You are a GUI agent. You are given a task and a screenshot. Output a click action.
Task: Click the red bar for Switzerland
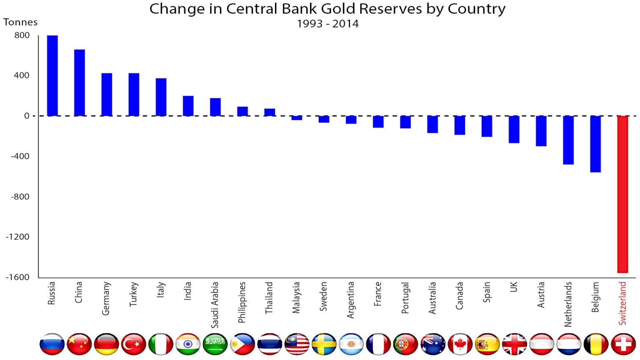coord(622,194)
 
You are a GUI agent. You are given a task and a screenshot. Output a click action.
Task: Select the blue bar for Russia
coord(52,76)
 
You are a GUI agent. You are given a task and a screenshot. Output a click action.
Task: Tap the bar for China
coord(80,82)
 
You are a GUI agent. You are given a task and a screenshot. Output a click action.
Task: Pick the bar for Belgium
coord(595,144)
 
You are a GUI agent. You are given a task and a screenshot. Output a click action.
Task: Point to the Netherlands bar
coord(568,140)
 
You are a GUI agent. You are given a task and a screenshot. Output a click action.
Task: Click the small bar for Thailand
coord(270,112)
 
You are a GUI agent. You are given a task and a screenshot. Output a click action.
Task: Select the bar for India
coord(188,106)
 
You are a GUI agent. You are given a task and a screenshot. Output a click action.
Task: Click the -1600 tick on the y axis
coord(17,277)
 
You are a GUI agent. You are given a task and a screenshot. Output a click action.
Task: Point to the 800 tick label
coord(22,35)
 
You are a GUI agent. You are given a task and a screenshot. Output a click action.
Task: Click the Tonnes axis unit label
coord(20,22)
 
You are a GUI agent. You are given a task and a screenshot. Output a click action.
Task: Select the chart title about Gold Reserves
coord(327,9)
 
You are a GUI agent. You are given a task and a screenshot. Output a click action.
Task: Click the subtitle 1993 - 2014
coord(327,24)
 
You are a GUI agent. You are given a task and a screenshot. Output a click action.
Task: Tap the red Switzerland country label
coord(622,303)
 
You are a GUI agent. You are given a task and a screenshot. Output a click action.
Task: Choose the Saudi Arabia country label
coord(215,305)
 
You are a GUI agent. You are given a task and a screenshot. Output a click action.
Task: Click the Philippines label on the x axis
coord(242,302)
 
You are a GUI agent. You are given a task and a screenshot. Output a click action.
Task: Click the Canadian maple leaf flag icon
coord(460,344)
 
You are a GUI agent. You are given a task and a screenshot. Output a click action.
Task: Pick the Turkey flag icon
coord(134,344)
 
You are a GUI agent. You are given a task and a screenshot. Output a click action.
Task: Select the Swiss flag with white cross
coord(623,344)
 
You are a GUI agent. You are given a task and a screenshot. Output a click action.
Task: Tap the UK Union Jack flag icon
coord(515,344)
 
